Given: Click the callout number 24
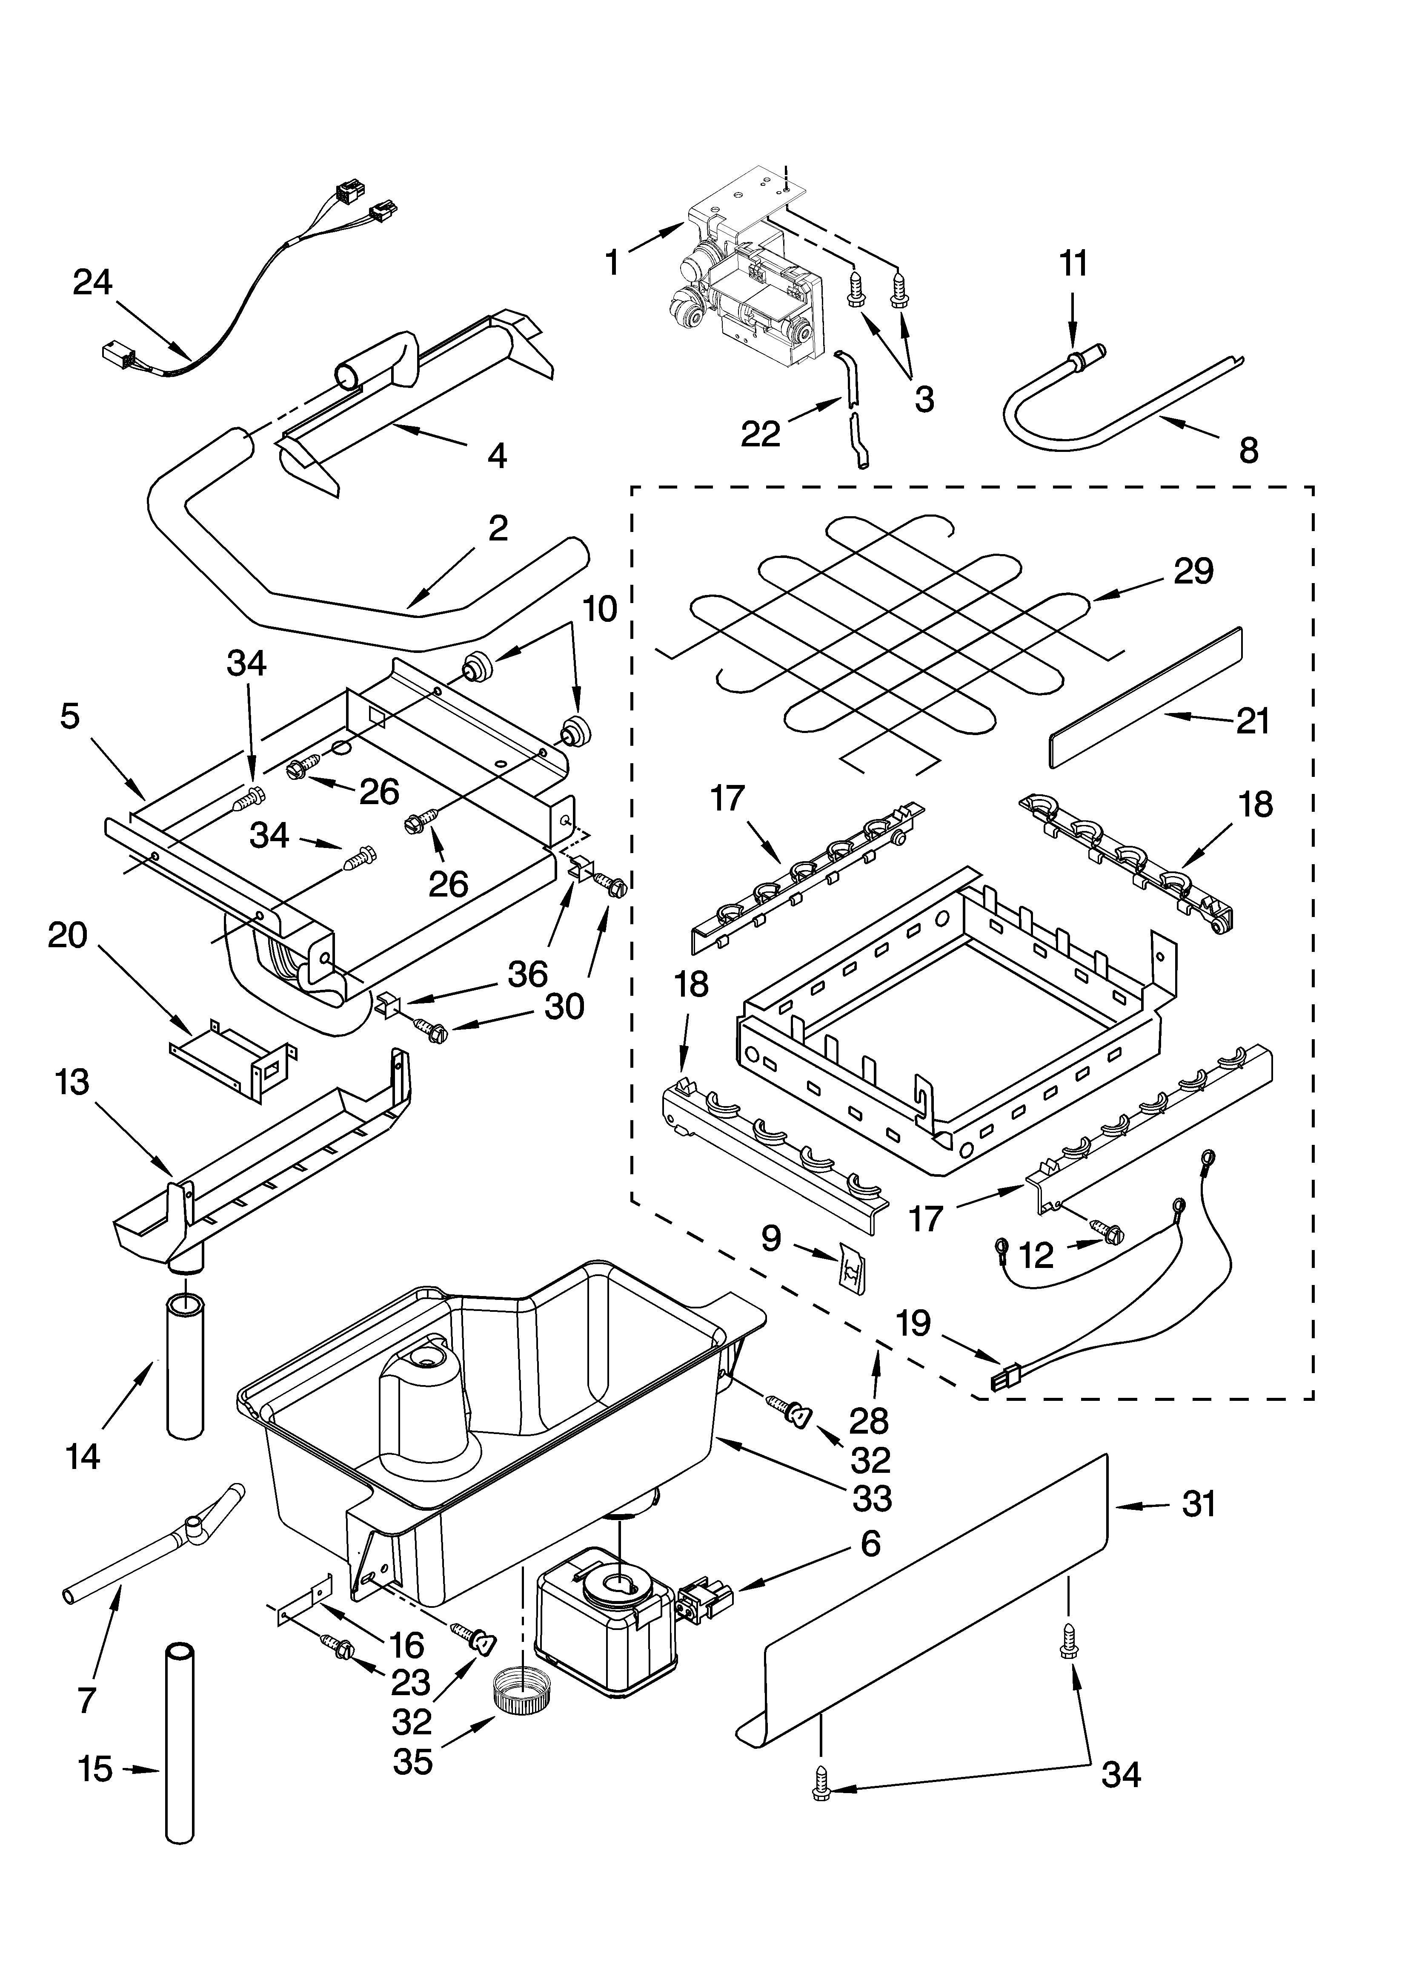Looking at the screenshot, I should pyautogui.click(x=93, y=283).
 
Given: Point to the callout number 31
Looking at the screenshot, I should pyautogui.click(x=1199, y=1503).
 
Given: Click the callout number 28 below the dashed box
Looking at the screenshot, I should pyautogui.click(x=869, y=1420).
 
